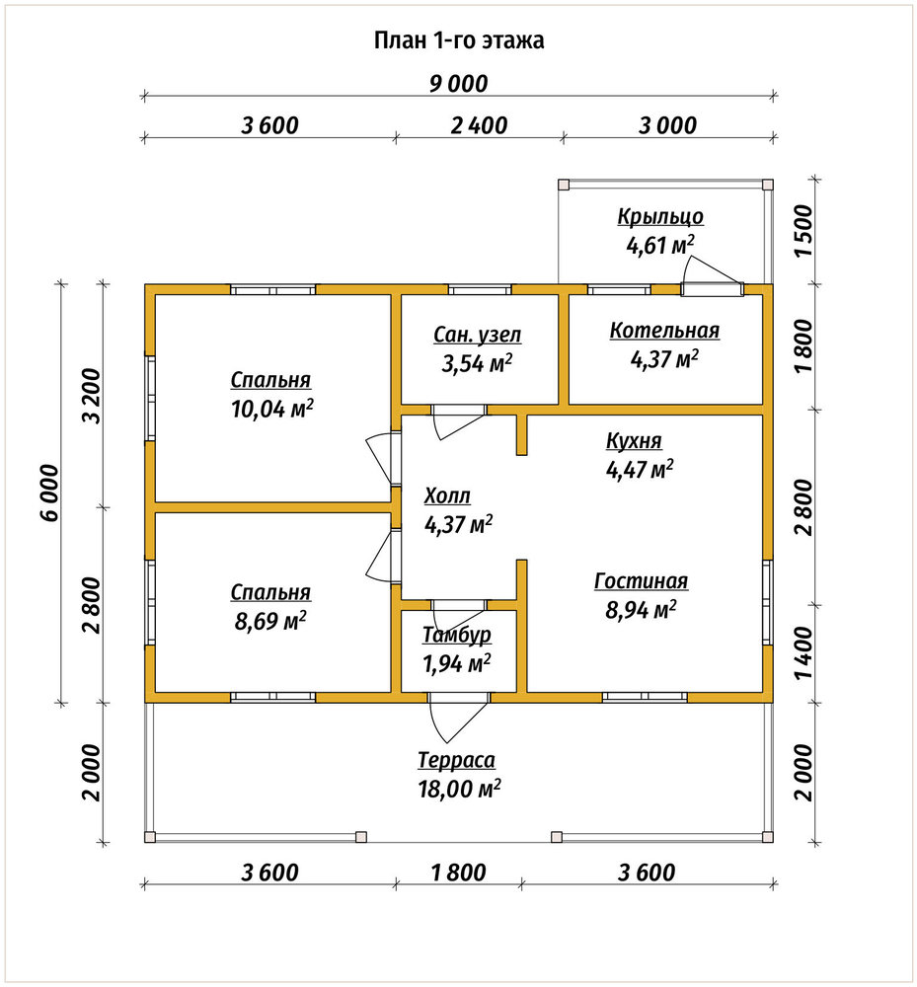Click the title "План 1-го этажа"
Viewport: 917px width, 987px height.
pos(459,40)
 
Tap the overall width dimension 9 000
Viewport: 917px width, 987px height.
pos(459,84)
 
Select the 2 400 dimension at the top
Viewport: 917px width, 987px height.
pos(479,125)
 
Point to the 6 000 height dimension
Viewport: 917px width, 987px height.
pos(49,493)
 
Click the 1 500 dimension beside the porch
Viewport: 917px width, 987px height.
pos(803,230)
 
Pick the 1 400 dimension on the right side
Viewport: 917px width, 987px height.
pos(803,652)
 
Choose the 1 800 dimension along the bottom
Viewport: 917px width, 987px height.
pos(458,873)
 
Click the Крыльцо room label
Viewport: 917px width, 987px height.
pos(660,217)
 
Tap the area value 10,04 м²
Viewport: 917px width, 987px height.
pos(272,410)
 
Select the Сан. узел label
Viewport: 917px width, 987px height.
pos(477,335)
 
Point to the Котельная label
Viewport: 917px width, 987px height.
pos(664,331)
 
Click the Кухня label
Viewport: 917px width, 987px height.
pos(634,440)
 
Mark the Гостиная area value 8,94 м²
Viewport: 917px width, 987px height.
pos(641,609)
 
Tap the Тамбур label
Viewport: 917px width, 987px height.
pos(457,635)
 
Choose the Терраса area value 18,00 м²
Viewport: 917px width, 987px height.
pos(459,788)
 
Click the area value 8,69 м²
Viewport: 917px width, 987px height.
pos(270,621)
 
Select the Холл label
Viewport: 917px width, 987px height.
pos(447,496)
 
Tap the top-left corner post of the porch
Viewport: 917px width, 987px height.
pos(564,185)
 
